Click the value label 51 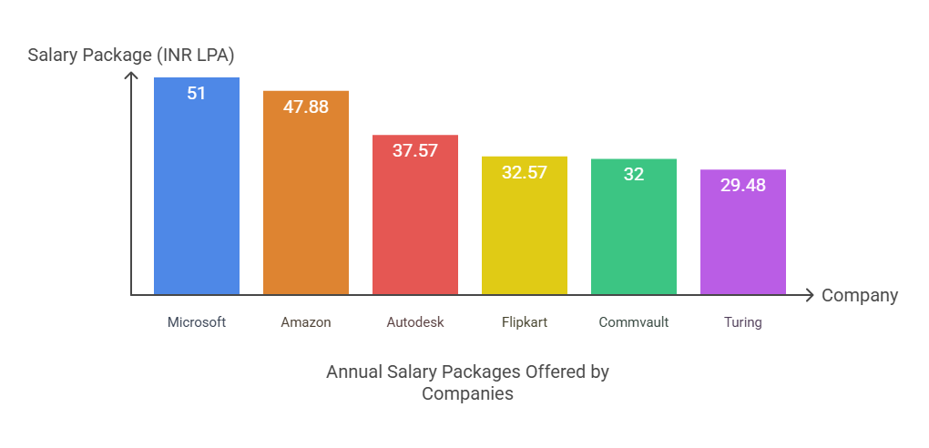[196, 93]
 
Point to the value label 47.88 [305, 107]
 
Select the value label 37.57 [414, 150]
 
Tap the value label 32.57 [524, 171]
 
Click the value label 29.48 [742, 185]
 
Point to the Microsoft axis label [196, 322]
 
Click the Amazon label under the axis [305, 322]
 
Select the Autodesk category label [414, 322]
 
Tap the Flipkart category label [524, 322]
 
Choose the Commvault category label [633, 322]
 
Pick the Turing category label [742, 322]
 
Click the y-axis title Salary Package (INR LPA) [131, 56]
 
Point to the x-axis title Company [859, 296]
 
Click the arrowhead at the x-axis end [808, 295]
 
